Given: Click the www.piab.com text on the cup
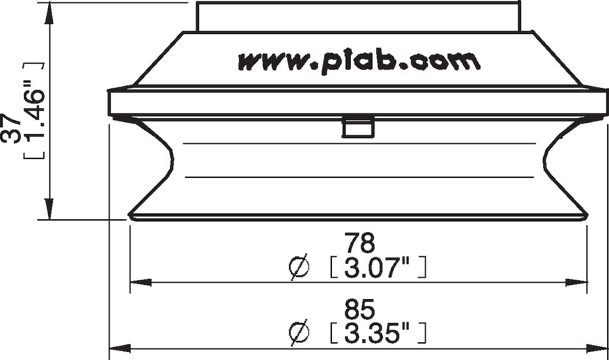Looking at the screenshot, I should point(359,61).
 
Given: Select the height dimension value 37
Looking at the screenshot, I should point(12,129).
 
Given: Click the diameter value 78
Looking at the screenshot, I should point(359,244).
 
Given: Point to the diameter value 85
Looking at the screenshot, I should point(359,309).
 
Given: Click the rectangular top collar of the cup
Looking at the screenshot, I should point(359,16).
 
